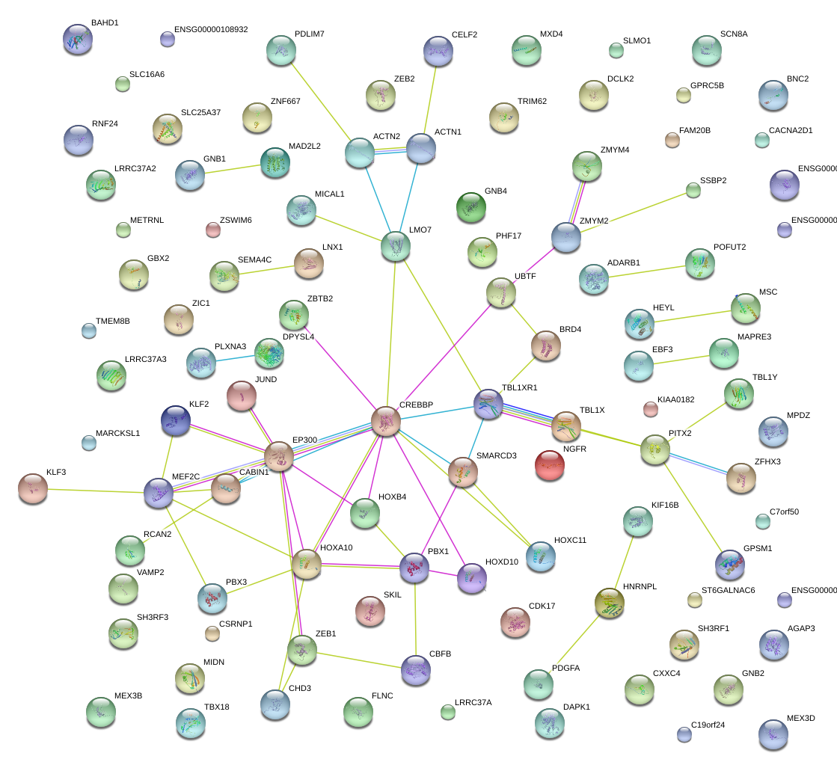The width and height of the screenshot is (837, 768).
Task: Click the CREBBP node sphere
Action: tap(386, 422)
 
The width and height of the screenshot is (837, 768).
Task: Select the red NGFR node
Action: tap(550, 465)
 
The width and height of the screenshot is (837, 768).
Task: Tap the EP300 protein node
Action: tap(279, 456)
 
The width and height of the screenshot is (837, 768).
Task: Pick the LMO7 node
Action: tap(395, 247)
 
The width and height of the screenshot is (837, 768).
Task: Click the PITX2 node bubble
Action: tap(655, 449)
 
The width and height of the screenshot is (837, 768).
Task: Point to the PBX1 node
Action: tap(414, 568)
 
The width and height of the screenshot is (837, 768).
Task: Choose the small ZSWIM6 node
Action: tap(213, 230)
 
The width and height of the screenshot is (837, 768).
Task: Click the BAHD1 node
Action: tap(78, 39)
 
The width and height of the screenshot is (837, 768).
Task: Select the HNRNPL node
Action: tap(610, 603)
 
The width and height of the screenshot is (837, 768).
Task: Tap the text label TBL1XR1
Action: tap(519, 388)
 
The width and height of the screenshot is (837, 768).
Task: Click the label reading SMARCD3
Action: tap(497, 455)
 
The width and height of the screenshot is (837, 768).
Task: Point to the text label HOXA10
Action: tap(336, 547)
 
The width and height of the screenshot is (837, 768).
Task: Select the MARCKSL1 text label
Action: tap(117, 434)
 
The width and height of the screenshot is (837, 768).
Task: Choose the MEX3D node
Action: tap(773, 734)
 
